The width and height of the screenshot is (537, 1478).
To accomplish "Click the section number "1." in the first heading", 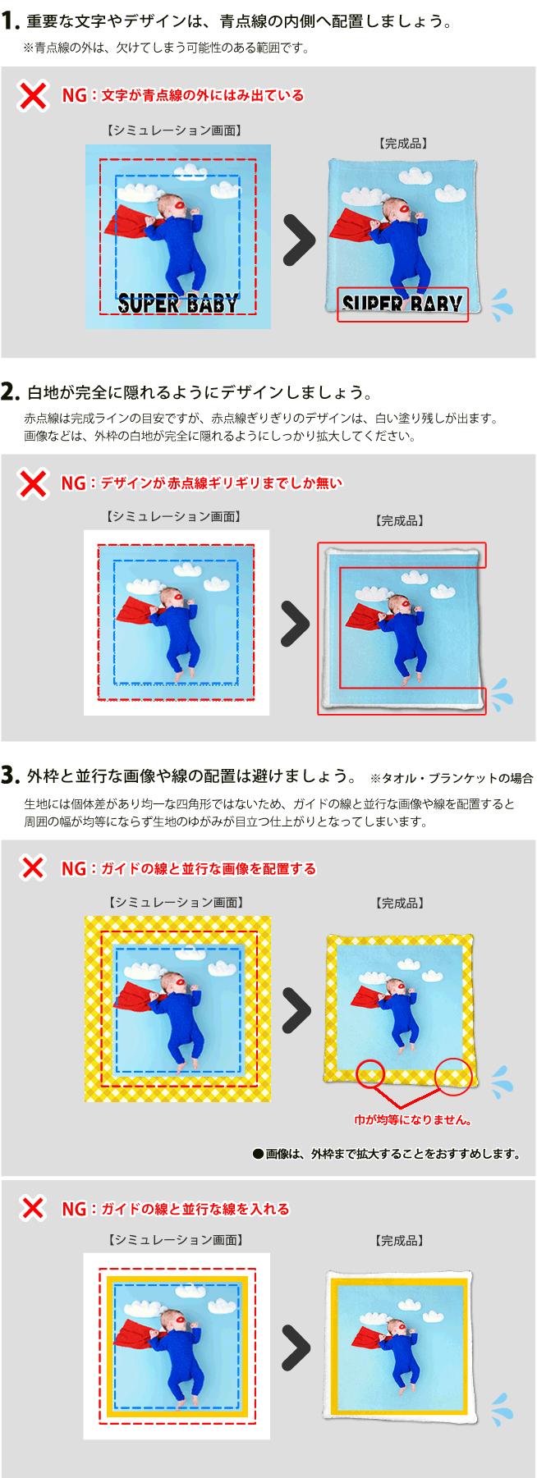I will point(11,22).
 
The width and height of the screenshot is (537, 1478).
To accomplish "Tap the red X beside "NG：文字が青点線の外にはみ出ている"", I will point(33,96).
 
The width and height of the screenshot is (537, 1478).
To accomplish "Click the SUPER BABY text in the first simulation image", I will point(177,304).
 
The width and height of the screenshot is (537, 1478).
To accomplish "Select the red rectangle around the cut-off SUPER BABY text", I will point(402,304).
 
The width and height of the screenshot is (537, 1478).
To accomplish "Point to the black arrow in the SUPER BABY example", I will point(299,240).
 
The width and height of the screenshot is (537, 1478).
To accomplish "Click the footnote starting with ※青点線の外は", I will point(166,48).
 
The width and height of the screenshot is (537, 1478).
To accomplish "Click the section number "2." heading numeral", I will point(11,392).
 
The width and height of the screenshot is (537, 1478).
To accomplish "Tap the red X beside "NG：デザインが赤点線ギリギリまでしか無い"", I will point(33,483).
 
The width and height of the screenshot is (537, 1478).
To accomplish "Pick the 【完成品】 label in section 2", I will point(400,521).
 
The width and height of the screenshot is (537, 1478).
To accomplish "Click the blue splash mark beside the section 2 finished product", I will point(500,695).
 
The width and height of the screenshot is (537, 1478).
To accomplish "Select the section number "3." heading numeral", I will point(11,776).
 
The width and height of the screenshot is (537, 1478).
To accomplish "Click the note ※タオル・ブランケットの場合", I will point(452,778).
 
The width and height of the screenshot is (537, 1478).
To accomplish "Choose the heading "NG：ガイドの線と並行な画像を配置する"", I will point(188,869).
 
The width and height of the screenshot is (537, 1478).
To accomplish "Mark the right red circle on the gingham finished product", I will point(453,1076).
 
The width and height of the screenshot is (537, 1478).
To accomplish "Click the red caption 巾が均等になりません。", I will point(412,1119).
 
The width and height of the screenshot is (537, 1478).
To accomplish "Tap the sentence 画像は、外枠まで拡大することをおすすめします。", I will point(387,1154).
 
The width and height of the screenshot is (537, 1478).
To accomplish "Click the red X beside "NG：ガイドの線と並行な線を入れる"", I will point(33,1208).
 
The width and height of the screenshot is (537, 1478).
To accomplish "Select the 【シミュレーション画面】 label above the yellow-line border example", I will point(176,1240).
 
